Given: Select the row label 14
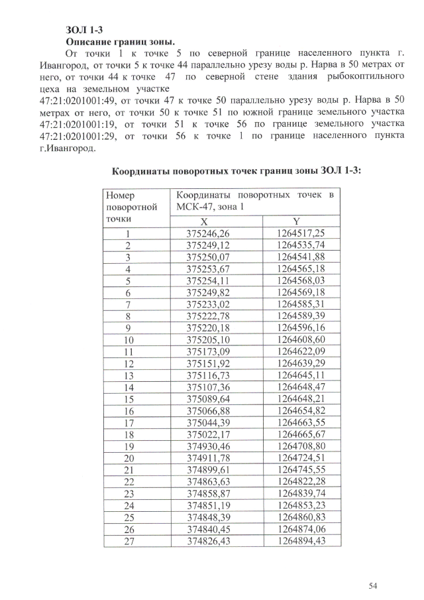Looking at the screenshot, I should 129,387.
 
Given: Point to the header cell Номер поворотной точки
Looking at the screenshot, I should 130,206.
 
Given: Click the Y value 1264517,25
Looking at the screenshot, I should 301,233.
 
